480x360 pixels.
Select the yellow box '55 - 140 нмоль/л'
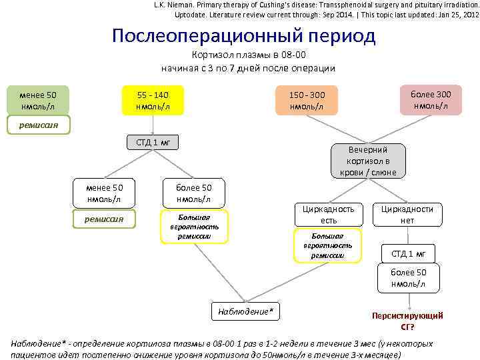[x=153, y=101]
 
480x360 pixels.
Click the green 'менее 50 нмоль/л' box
[x=38, y=101]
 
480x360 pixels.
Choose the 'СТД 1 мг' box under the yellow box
[x=153, y=141]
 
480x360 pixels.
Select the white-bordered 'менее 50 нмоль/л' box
[x=103, y=193]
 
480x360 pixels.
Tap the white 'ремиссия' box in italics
[x=103, y=219]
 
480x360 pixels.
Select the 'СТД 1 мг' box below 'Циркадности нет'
[x=408, y=253]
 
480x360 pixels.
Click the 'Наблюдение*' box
[x=246, y=311]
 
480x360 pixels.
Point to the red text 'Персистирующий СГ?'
[x=407, y=321]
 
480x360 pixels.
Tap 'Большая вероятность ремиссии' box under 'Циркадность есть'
[x=327, y=245]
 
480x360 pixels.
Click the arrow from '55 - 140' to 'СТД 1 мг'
[x=153, y=125]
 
